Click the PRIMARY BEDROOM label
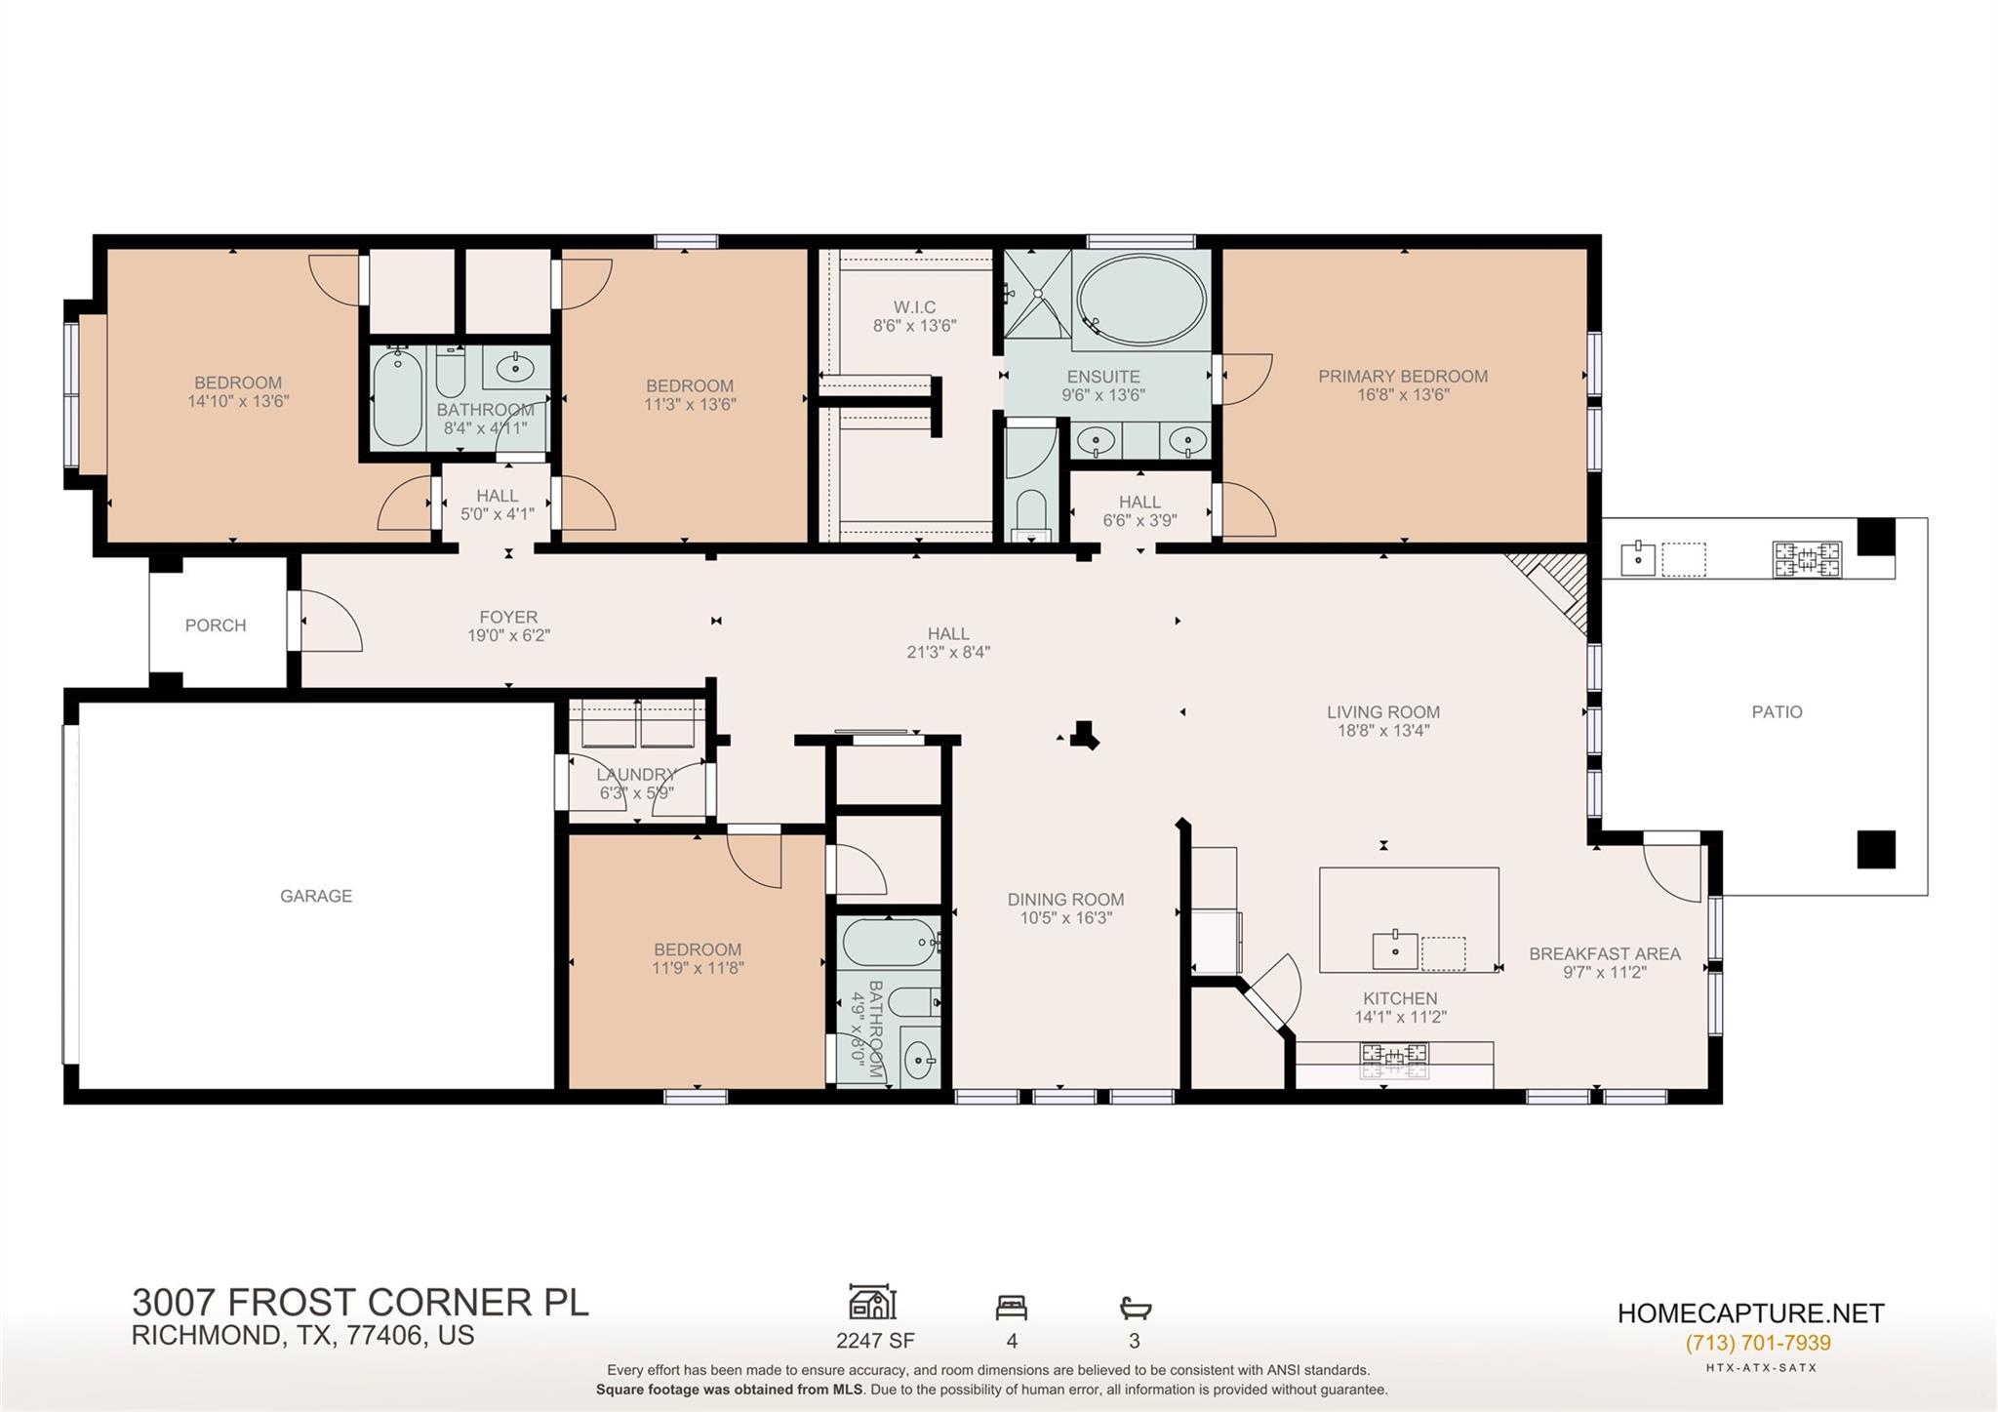point(1403,377)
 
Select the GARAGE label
point(316,896)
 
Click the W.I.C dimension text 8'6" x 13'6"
point(914,326)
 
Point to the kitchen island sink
point(1395,949)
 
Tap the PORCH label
point(216,625)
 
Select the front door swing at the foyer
point(330,621)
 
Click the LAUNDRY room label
point(636,775)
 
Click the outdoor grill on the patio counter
point(1807,560)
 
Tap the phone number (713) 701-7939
point(1758,1343)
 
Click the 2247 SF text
point(875,1341)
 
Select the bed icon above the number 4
point(1011,1307)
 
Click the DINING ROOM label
point(1065,900)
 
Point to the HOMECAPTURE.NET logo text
point(1750,1313)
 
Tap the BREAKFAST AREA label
point(1604,954)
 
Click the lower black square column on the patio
point(1875,849)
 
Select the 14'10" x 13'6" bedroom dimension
point(238,401)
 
